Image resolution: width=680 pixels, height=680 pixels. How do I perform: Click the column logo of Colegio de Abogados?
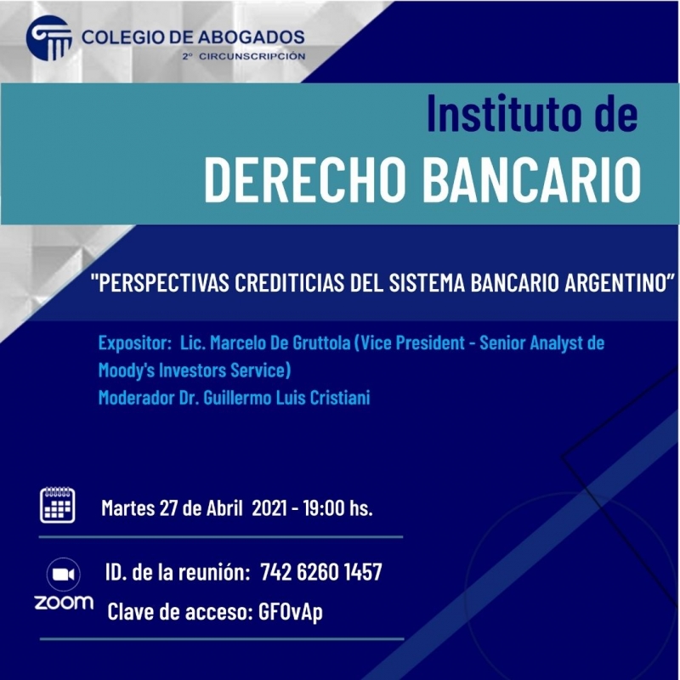49,39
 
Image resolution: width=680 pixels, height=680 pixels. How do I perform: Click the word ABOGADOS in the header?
251,37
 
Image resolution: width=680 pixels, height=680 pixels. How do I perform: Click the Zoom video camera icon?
65,575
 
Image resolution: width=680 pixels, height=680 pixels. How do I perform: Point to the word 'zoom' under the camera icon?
64,603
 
